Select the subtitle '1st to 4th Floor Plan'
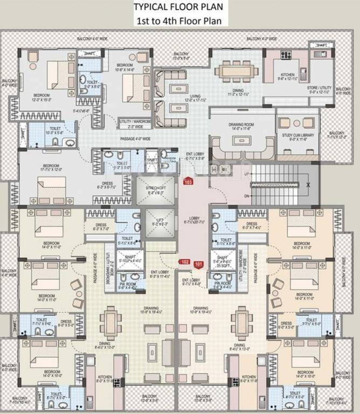(181, 22)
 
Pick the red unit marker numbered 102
(185, 262)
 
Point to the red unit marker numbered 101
(199, 264)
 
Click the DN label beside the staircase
(247, 197)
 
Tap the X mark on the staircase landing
(308, 184)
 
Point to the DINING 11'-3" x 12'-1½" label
(238, 93)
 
